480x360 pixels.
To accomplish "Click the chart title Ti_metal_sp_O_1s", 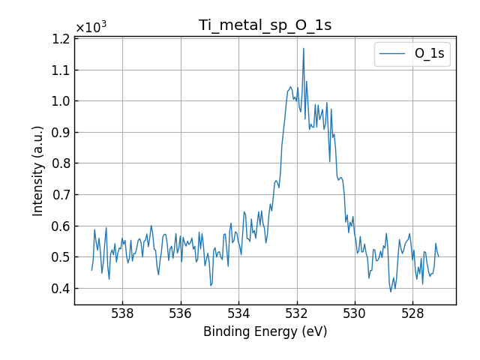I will (x=265, y=25).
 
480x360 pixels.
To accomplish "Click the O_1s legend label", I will (x=429, y=54).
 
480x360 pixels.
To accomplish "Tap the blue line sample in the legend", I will (x=393, y=54).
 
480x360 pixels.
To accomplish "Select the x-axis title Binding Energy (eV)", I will (x=265, y=331).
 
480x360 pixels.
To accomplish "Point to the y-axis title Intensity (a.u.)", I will (x=38, y=171).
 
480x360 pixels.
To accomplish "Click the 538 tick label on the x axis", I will (x=122, y=313).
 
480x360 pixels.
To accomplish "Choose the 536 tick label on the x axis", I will (x=180, y=313).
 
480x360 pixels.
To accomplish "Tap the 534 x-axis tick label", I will (x=238, y=313).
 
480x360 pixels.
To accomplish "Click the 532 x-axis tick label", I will (x=296, y=313).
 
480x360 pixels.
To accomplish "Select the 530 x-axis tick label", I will (x=355, y=313).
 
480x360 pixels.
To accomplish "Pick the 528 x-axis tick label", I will (x=412, y=313).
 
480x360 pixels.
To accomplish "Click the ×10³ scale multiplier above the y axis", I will (x=91, y=28).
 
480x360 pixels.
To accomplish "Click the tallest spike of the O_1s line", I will (x=304, y=49).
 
